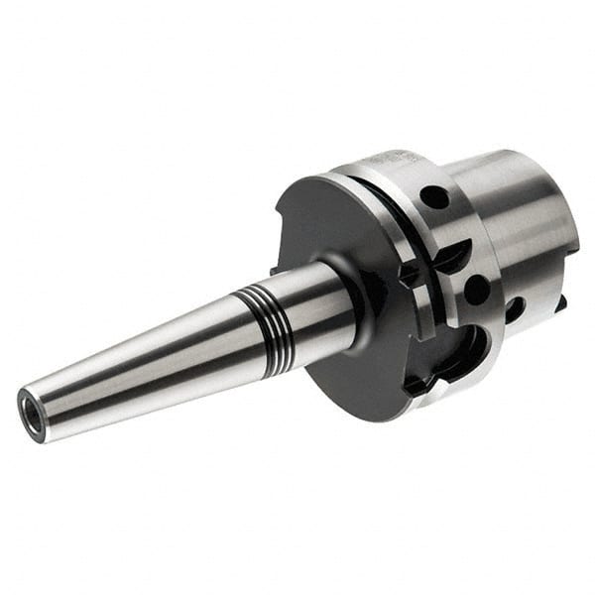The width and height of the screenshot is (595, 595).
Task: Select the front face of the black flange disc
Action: pos(327,228)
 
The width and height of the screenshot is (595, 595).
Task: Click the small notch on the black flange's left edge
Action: pos(275,268)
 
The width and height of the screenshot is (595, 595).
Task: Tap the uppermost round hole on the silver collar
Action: pos(433,196)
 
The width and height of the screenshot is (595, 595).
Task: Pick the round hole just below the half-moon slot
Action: pos(476,289)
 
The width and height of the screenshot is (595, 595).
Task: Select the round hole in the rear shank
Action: pos(515,308)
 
